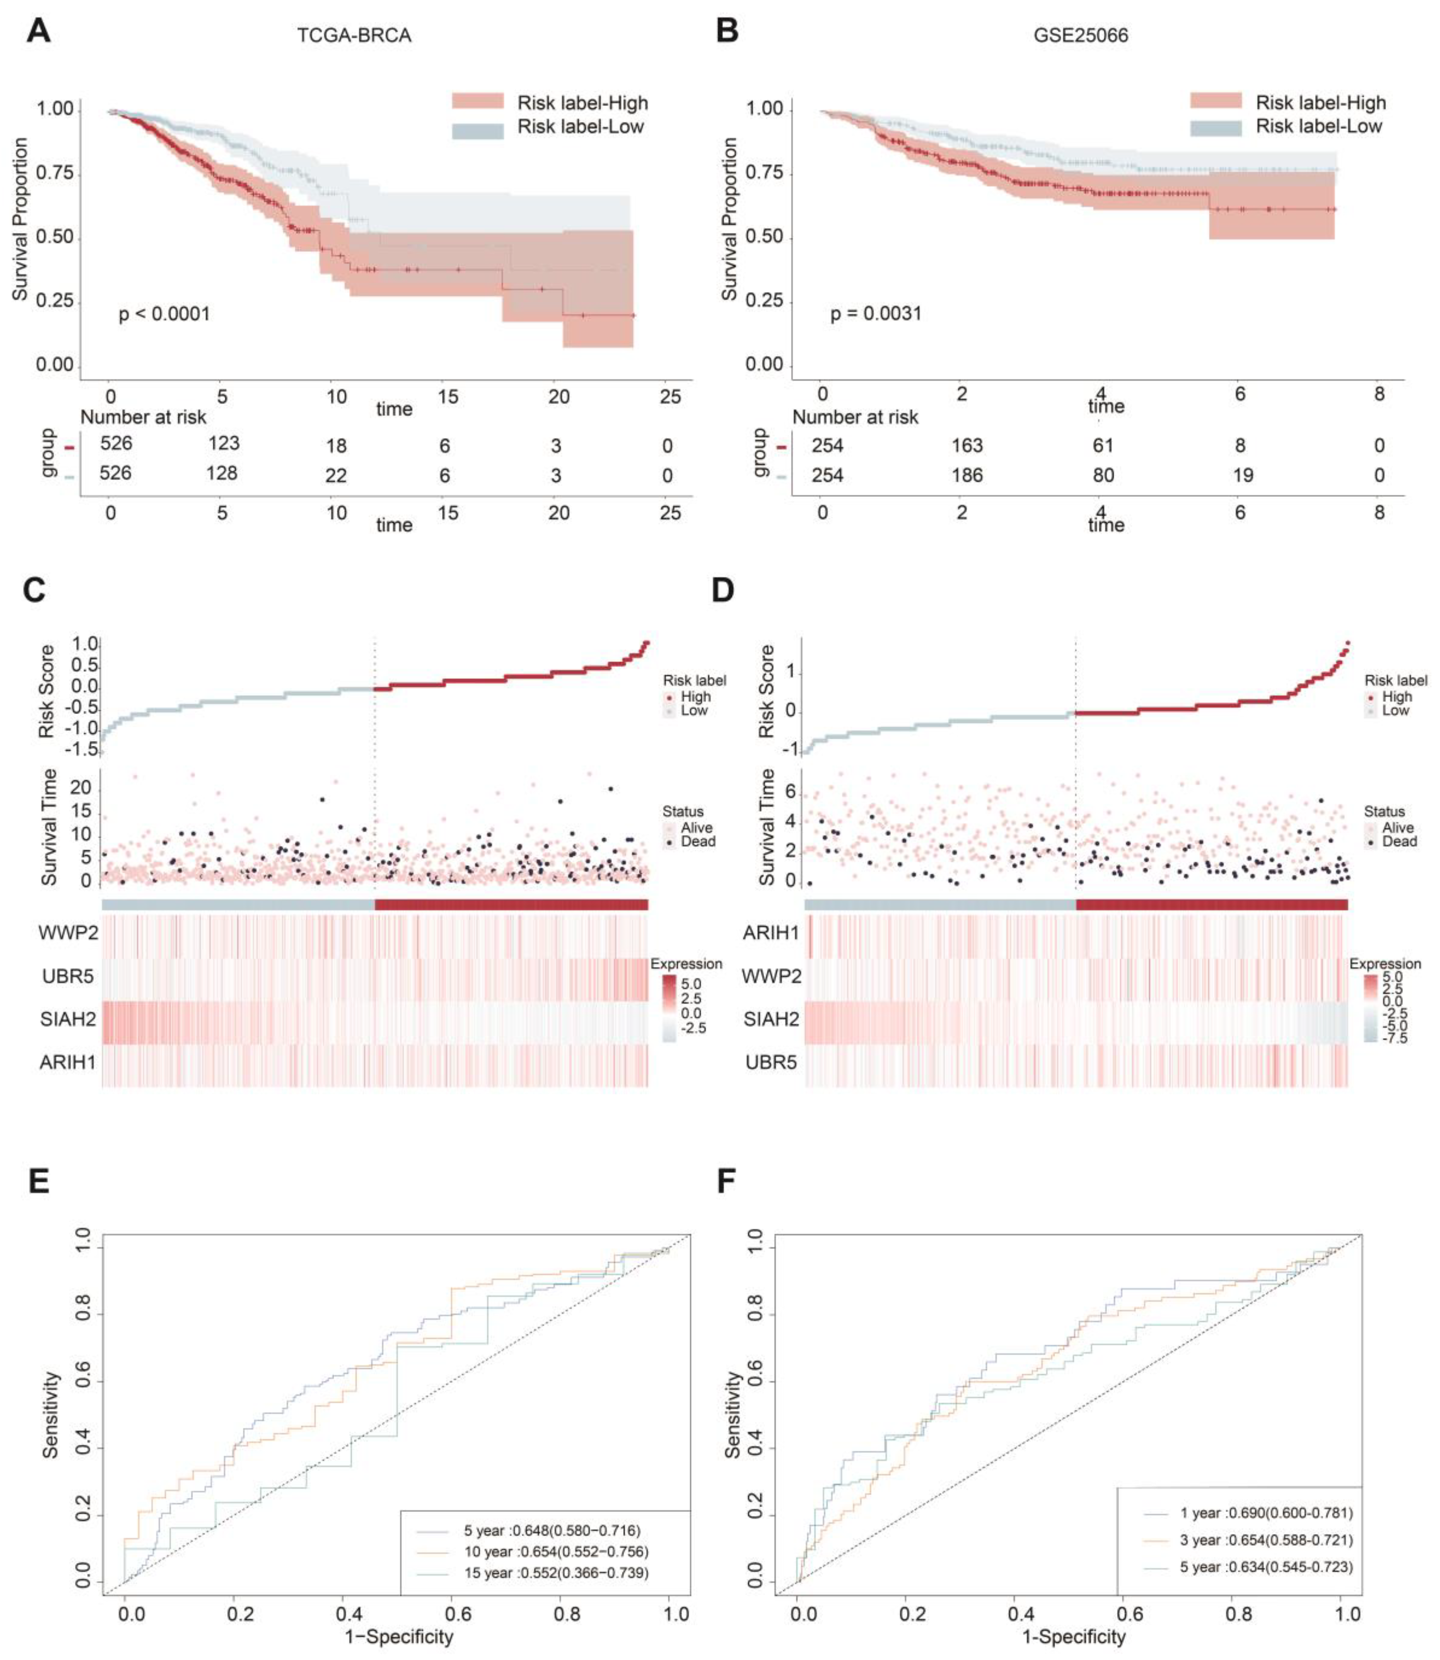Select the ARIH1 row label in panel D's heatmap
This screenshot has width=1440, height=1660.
pos(770,933)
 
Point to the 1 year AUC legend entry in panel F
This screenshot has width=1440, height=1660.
pos(1265,1513)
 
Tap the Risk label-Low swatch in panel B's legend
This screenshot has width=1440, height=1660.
pos(1215,127)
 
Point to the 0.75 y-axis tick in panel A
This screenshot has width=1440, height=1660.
pos(55,173)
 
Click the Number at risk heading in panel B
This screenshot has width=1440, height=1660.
pos(855,417)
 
